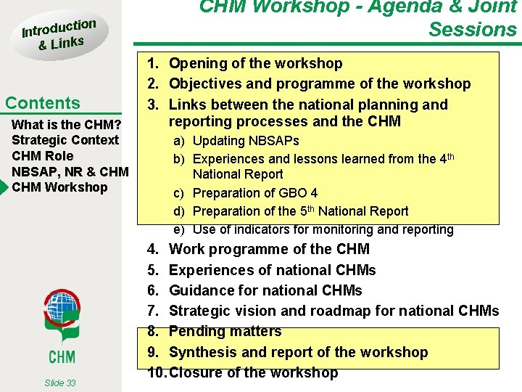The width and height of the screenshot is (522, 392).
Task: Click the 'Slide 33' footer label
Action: [59, 383]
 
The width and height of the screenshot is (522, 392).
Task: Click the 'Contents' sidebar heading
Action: [43, 103]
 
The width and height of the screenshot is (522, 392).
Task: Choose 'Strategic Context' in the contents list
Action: [65, 140]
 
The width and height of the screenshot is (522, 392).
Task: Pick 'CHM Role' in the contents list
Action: [43, 156]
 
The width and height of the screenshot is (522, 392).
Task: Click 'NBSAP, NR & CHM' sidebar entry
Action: [70, 172]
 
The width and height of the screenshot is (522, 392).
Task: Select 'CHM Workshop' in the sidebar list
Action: [59, 187]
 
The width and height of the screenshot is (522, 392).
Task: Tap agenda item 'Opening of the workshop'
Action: [255, 64]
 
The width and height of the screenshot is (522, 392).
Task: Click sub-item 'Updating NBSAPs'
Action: [246, 141]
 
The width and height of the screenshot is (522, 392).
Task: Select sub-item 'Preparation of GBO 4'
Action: [255, 193]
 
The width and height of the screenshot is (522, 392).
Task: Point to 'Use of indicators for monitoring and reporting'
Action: [323, 229]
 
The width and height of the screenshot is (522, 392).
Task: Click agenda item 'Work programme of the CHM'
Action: [269, 250]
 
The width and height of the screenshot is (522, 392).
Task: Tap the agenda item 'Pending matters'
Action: [225, 331]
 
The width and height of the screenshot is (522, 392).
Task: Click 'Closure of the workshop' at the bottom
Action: [253, 373]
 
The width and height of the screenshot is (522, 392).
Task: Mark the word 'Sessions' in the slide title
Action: [472, 30]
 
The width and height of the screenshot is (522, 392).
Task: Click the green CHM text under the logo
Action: [62, 356]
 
